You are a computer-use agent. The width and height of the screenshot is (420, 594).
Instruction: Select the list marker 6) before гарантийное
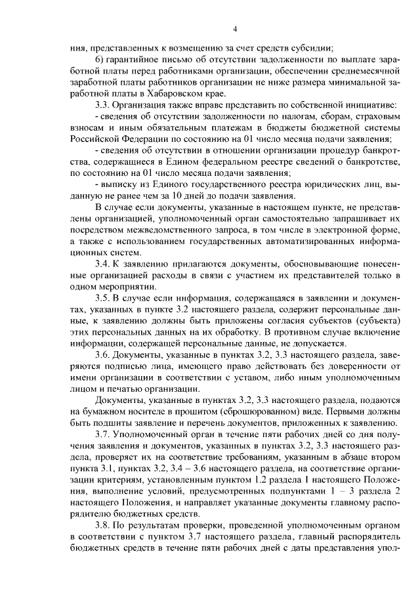tap(100, 60)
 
